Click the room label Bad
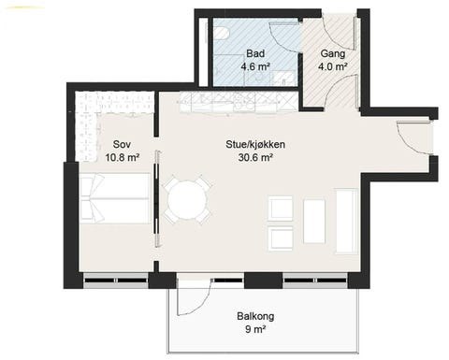pyautogui.click(x=255, y=53)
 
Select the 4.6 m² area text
pyautogui.click(x=255, y=67)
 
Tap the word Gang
pyautogui.click(x=334, y=53)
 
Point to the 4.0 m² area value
pyautogui.click(x=334, y=67)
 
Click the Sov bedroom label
pyautogui.click(x=121, y=144)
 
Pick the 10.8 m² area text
pyautogui.click(x=121, y=157)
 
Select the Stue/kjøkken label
pyautogui.click(x=255, y=144)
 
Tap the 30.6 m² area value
pyautogui.click(x=255, y=157)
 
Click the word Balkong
pyautogui.click(x=254, y=315)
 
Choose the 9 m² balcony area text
pyautogui.click(x=254, y=329)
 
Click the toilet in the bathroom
pyautogui.click(x=221, y=35)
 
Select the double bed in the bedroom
pyautogui.click(x=114, y=198)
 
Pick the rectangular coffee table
pyautogui.click(x=314, y=221)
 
